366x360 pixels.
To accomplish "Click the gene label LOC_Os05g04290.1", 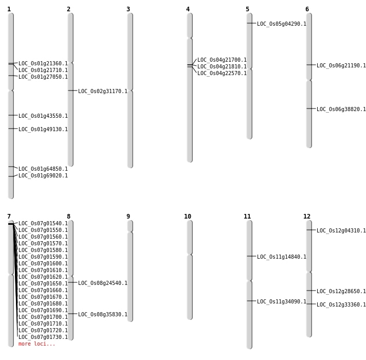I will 281,24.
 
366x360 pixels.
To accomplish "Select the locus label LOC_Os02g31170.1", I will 102,91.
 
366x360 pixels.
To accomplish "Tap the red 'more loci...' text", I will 36,344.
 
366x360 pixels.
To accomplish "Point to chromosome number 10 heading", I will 188,217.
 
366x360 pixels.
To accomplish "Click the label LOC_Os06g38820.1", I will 341,109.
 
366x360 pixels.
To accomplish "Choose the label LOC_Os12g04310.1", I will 341,230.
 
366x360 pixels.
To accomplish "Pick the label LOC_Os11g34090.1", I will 281,301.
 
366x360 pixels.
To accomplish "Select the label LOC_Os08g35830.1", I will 102,314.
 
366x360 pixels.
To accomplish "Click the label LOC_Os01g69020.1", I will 43,175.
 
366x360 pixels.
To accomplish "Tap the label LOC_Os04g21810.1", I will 222,66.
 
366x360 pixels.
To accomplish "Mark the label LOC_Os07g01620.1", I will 43,277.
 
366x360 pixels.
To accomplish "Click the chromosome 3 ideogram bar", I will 130,90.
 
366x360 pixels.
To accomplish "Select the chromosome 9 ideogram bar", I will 130,271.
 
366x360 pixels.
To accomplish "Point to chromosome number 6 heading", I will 307,9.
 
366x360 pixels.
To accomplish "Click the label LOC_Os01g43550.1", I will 43,116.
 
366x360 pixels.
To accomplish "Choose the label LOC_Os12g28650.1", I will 341,291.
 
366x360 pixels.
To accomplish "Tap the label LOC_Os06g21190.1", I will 341,65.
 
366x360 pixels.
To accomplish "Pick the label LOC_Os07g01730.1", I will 43,337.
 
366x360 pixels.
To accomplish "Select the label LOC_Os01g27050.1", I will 43,77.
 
